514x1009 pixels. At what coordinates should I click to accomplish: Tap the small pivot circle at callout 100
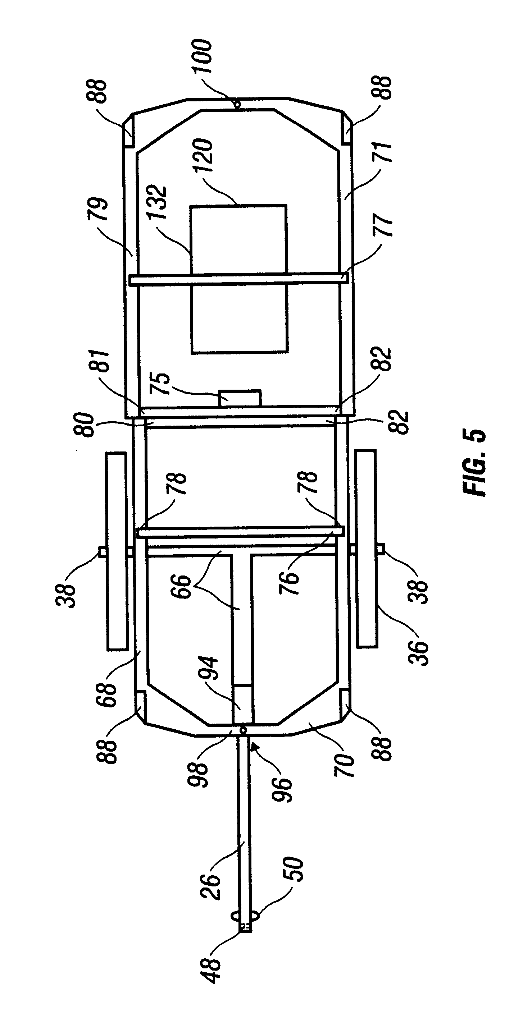coord(236,104)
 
